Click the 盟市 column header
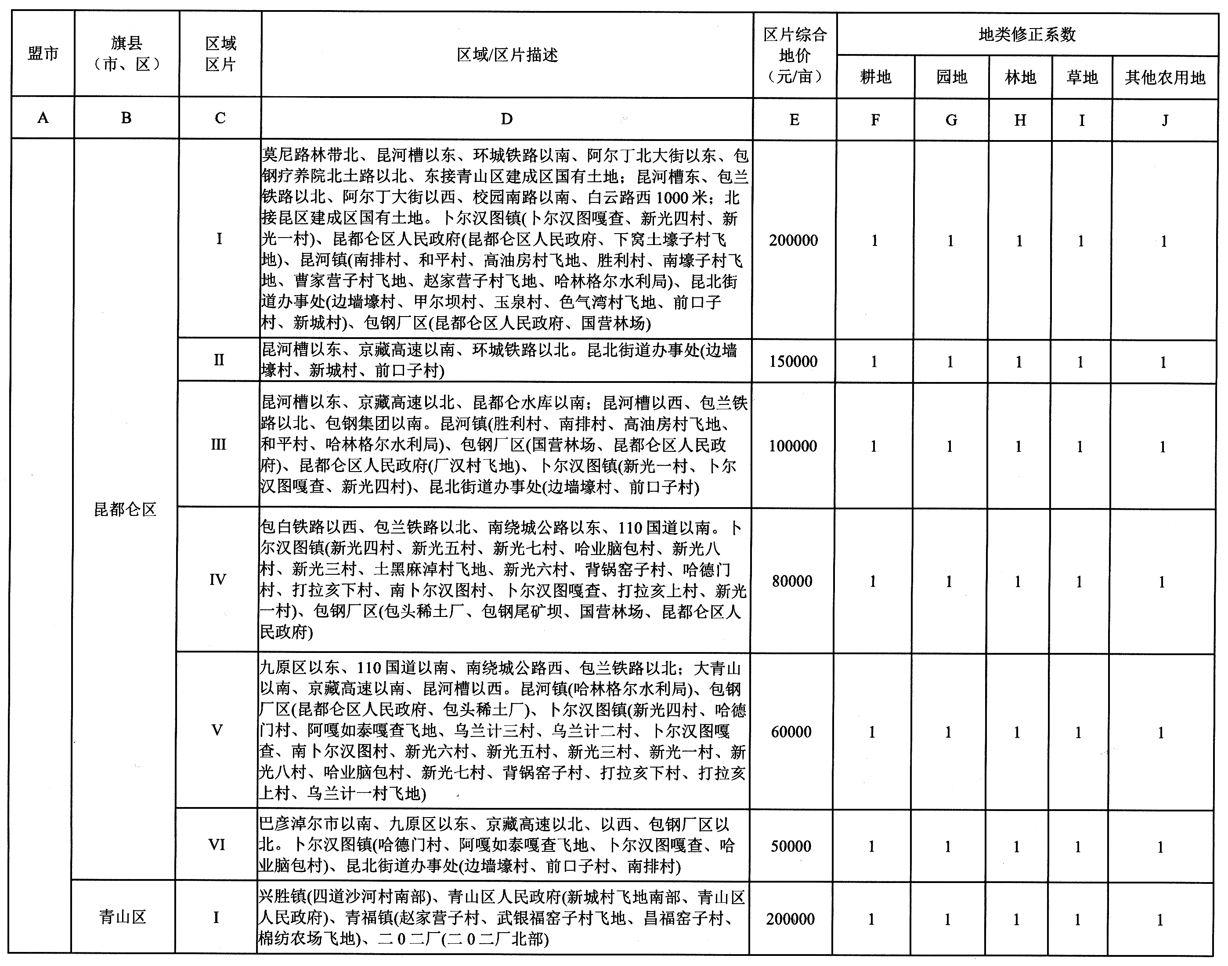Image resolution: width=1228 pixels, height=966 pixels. [43, 54]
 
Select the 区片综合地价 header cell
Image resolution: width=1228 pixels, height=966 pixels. [795, 55]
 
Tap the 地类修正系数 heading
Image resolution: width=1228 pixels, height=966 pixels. [1027, 35]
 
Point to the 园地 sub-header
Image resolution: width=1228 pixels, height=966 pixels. [951, 77]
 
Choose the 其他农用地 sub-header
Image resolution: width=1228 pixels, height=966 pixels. [1165, 77]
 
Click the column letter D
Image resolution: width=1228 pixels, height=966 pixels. [507, 119]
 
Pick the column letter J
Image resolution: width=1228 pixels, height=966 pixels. [1165, 120]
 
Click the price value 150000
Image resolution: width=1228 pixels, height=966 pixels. [793, 361]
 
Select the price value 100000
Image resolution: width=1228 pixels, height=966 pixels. [792, 446]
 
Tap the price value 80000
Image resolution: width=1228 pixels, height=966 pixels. [792, 581]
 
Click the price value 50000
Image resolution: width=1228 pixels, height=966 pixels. [791, 846]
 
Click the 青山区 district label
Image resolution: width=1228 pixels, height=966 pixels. [123, 917]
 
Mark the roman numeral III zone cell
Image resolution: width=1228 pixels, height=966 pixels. [218, 444]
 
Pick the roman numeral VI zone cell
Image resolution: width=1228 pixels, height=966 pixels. [217, 845]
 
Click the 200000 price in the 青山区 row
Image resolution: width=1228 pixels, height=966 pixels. [790, 919]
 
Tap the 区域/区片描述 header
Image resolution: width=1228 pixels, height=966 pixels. [507, 55]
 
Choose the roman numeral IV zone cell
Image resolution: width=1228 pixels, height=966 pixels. [218, 580]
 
